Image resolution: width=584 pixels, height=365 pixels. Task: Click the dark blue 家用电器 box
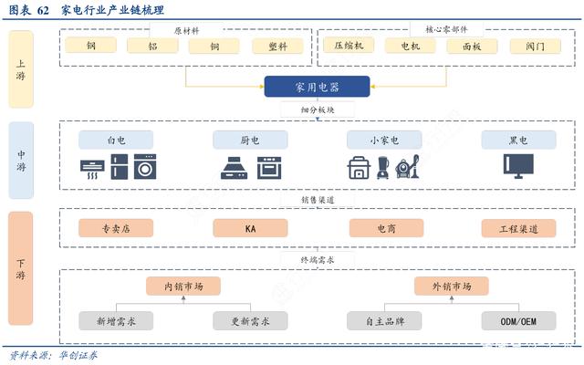[x=317, y=87]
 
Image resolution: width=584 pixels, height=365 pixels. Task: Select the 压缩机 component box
[x=349, y=46]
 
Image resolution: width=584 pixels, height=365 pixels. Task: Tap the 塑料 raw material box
[x=277, y=47]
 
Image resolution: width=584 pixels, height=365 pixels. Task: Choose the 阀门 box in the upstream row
[x=536, y=47]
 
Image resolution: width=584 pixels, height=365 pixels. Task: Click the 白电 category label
[x=116, y=140]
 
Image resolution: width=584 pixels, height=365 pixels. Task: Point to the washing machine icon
[x=145, y=167]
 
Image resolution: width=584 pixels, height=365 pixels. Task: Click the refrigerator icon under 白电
[x=120, y=167]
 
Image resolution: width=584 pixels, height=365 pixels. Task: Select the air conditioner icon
[x=92, y=170]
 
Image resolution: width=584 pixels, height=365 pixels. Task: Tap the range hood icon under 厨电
[x=234, y=168]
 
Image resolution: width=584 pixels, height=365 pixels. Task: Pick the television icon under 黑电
[x=518, y=166]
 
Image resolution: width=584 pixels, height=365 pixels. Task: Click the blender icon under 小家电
[x=383, y=167]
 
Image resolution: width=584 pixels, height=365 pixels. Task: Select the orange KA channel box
[x=250, y=228]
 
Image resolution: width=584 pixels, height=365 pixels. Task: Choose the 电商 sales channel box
[x=386, y=228]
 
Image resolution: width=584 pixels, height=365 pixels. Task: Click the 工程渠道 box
[x=519, y=229]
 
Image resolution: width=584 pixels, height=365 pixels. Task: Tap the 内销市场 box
[x=183, y=286]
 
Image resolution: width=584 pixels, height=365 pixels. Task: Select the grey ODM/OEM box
[x=519, y=321]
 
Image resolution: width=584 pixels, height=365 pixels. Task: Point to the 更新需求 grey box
[x=250, y=321]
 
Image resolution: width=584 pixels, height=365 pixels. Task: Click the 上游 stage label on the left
[x=21, y=69]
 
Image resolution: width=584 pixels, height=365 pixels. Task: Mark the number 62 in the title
[x=43, y=10]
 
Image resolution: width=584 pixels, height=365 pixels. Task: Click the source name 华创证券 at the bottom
[x=78, y=355]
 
